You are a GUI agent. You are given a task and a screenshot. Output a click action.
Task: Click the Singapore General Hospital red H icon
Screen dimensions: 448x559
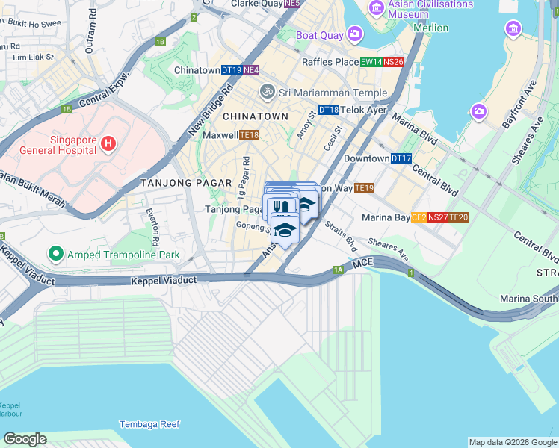108,143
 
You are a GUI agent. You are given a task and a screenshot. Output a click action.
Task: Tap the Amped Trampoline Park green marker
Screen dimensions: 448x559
55,255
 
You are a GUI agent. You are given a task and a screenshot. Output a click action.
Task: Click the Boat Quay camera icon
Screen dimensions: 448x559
354,34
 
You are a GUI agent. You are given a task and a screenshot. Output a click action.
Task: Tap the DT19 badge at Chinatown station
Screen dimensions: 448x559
231,70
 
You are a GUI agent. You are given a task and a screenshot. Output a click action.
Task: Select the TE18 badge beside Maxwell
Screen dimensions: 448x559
250,135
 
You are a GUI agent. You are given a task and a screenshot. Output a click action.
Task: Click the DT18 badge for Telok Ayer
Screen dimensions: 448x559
329,110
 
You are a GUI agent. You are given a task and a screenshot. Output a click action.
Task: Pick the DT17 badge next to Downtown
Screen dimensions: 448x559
401,158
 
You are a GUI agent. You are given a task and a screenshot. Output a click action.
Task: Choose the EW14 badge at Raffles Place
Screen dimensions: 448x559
371,63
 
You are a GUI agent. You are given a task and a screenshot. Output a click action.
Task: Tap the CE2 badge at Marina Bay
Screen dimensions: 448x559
419,217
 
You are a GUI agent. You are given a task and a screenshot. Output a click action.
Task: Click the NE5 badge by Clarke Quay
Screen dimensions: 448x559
292,4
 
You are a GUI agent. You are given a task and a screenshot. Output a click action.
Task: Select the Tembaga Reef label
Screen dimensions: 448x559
149,424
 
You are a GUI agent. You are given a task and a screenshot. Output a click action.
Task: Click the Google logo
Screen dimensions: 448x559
25,439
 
